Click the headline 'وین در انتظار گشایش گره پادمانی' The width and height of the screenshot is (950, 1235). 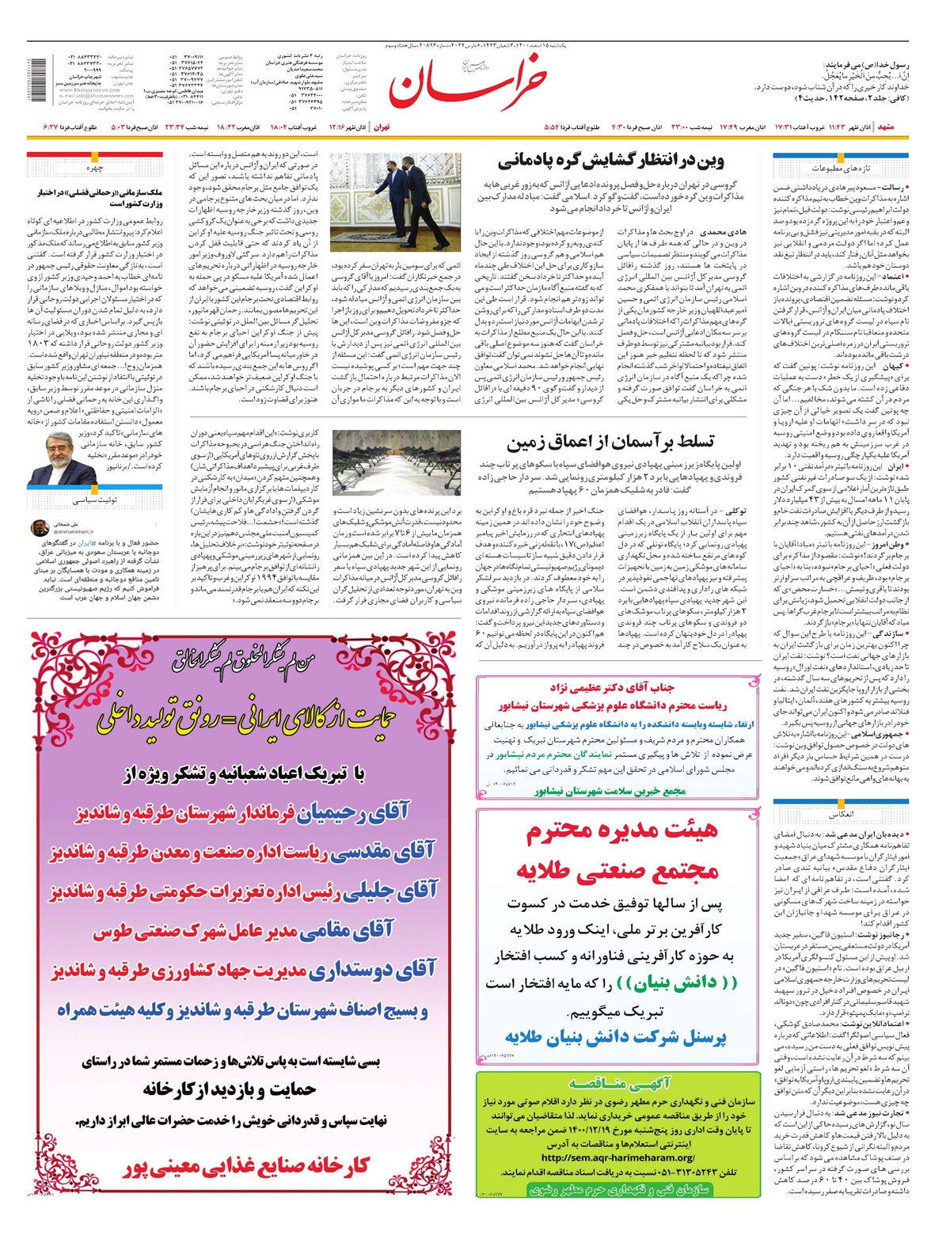point(611,162)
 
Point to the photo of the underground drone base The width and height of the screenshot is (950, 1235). point(397,463)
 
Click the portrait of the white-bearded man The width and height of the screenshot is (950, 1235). point(53,459)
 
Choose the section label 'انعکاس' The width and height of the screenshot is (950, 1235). point(842,814)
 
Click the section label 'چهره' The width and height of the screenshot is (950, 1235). point(95,168)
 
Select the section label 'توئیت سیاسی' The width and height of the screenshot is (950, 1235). point(95,500)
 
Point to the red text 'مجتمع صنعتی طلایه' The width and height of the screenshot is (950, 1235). point(618,871)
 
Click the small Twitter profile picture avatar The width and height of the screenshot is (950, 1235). point(39,527)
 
